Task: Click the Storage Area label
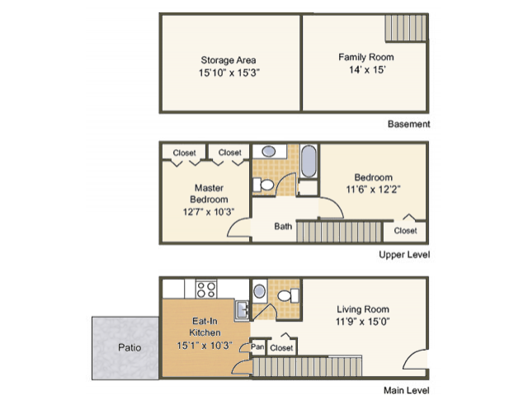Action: pos(229,60)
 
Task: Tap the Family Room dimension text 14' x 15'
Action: pos(367,69)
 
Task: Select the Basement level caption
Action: pos(409,124)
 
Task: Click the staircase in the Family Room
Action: pos(406,28)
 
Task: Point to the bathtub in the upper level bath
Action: pos(309,161)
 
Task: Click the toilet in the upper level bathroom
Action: pos(263,185)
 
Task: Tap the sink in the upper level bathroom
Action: pos(268,151)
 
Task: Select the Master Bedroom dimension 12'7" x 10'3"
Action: pos(209,212)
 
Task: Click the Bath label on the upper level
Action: pos(283,226)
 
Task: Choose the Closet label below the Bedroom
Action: pos(405,231)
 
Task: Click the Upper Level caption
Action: pos(404,254)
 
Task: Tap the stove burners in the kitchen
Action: pos(206,290)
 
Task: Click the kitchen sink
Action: pos(242,310)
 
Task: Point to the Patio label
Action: pos(130,347)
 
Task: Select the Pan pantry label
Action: pos(257,346)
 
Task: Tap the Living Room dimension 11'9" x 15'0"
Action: pos(363,322)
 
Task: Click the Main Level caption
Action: pos(407,390)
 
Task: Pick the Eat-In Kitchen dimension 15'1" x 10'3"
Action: pos(205,346)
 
